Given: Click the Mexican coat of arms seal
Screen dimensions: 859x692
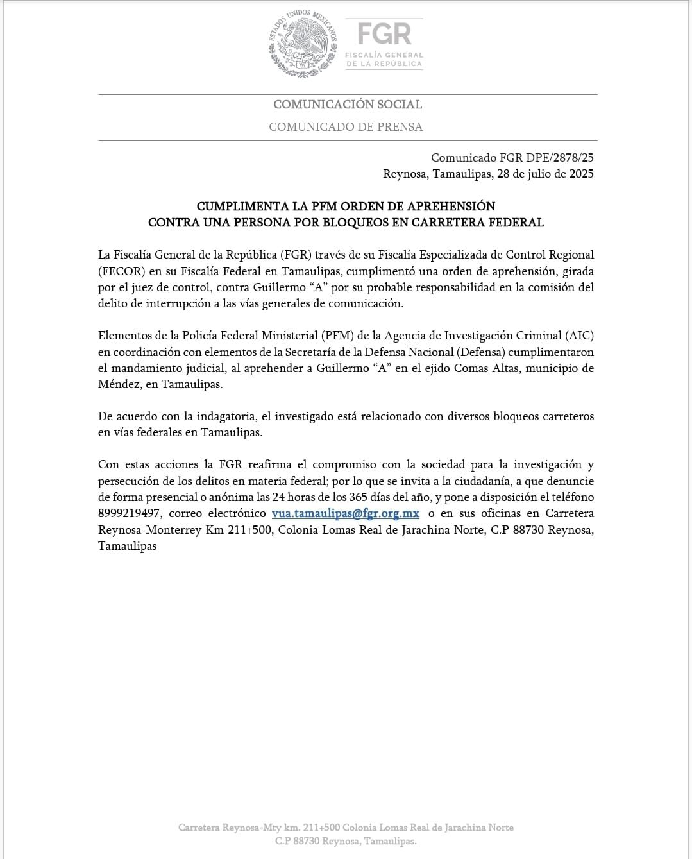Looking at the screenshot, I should pyautogui.click(x=303, y=44).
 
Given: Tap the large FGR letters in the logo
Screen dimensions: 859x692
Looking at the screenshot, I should pyautogui.click(x=384, y=33).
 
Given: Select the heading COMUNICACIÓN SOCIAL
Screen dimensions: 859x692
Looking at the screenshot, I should pyautogui.click(x=348, y=105).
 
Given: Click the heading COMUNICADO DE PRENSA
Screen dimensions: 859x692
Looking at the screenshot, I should pyautogui.click(x=346, y=127).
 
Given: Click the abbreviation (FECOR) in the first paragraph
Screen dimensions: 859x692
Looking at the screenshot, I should pyautogui.click(x=120, y=271).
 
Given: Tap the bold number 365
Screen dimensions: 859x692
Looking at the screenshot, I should pyautogui.click(x=353, y=497).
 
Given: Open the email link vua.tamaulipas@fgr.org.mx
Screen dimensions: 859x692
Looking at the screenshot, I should pyautogui.click(x=346, y=514).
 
